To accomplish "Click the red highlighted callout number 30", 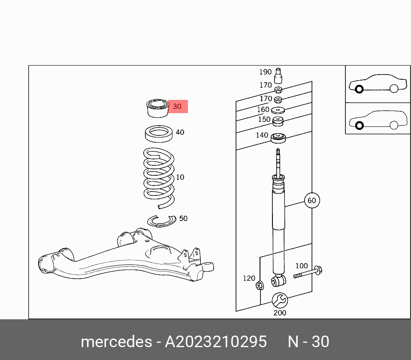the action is point(177,106).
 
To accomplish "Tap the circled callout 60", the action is point(311,200).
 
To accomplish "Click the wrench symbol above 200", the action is point(279,300).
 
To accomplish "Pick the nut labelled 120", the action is point(260,285).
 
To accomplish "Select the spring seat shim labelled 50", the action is point(162,221).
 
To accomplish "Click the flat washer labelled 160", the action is point(278,111).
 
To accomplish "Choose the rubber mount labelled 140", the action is point(278,138).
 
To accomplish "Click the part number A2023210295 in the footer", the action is point(216,342).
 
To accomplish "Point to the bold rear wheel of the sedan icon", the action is point(359,89).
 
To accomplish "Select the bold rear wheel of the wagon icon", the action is point(359,125).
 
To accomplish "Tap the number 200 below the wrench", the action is point(279,312).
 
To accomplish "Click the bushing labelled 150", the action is point(278,122).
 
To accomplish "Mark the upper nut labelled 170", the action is point(278,90).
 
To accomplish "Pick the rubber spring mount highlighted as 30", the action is point(157,108).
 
